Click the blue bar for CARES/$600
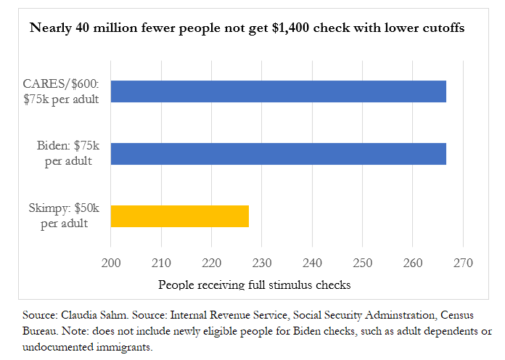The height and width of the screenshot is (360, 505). (x=278, y=91)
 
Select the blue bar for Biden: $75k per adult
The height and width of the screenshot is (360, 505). (x=278, y=154)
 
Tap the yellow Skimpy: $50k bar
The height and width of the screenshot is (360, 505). (x=179, y=216)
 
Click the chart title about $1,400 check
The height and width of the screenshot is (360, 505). (x=247, y=29)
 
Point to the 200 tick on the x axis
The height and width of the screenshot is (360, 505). (x=111, y=263)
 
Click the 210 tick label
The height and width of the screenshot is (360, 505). (x=161, y=263)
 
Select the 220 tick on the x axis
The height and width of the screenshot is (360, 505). (x=211, y=263)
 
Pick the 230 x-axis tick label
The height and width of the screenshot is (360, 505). (x=262, y=263)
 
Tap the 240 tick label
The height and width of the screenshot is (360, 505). (x=312, y=263)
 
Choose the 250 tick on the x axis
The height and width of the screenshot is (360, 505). (x=362, y=263)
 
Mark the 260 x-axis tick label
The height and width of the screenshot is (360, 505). (x=412, y=263)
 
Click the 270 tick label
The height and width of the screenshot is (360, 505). (x=462, y=263)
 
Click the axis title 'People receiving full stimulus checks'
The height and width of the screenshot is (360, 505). (x=254, y=285)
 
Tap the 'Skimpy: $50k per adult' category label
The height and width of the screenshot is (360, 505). (x=65, y=216)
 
